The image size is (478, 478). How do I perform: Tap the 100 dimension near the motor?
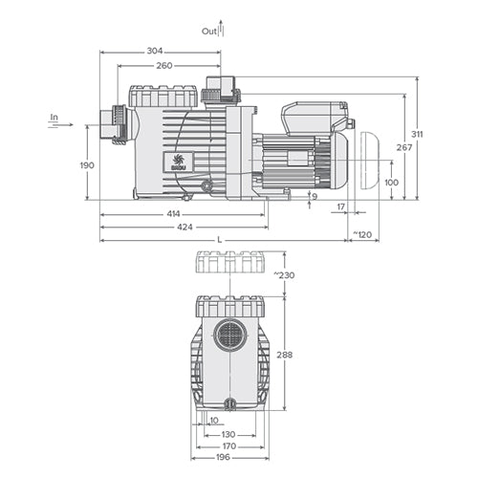(390, 181)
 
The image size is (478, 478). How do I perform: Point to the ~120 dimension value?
(363, 233)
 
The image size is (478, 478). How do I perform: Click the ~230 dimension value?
(296, 276)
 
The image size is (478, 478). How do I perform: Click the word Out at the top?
(208, 31)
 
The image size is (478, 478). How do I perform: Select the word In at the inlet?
(54, 119)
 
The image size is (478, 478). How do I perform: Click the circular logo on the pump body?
(175, 160)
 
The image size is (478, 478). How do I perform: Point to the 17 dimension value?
(341, 206)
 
